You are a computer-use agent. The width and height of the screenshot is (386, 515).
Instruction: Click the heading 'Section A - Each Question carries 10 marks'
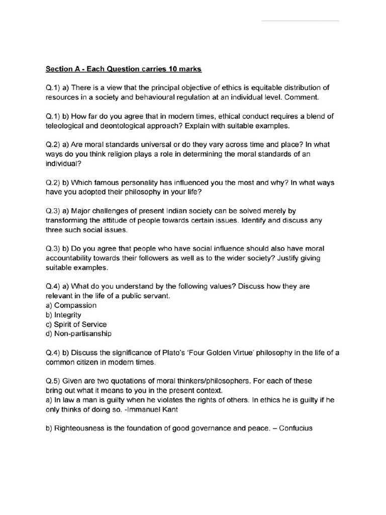point(124,68)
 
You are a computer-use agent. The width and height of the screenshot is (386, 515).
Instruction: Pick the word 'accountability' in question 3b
point(70,258)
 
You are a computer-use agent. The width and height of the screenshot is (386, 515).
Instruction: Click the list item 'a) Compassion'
point(71,305)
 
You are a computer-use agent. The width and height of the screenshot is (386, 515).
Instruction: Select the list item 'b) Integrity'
point(63,315)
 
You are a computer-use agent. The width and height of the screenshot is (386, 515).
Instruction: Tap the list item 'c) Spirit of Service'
point(76,324)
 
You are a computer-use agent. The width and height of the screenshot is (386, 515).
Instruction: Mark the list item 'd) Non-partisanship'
point(78,333)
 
